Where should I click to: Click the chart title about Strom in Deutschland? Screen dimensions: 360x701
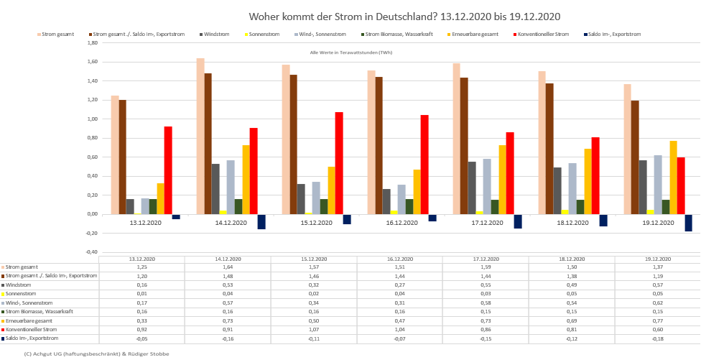(x=404, y=16)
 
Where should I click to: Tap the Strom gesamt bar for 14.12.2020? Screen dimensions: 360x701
(x=200, y=136)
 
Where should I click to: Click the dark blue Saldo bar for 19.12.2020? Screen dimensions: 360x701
(x=688, y=223)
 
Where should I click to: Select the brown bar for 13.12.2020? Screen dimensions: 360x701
(x=123, y=157)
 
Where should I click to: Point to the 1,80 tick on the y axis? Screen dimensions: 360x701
(x=92, y=42)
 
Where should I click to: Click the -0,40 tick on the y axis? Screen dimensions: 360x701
(x=92, y=252)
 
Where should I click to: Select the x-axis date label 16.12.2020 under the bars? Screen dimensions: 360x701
(x=402, y=223)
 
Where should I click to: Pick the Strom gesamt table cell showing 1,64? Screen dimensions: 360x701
(x=228, y=267)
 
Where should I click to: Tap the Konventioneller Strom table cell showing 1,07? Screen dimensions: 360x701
(x=313, y=329)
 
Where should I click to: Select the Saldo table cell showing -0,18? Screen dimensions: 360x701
(x=656, y=338)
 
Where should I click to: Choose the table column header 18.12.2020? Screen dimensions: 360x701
(x=571, y=259)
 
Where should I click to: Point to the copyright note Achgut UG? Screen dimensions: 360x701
(x=97, y=354)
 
